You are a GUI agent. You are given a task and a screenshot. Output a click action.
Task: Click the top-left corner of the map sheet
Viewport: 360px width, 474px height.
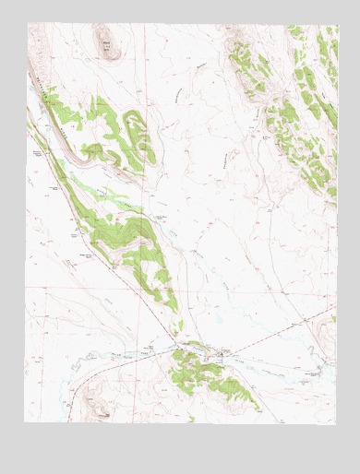[27, 24]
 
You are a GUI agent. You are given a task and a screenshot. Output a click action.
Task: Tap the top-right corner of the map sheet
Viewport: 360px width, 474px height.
[338, 25]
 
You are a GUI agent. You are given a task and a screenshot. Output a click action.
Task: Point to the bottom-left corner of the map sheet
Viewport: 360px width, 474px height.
[25, 422]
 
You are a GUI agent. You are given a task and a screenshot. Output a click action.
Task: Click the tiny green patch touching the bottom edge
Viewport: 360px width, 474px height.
[192, 419]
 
